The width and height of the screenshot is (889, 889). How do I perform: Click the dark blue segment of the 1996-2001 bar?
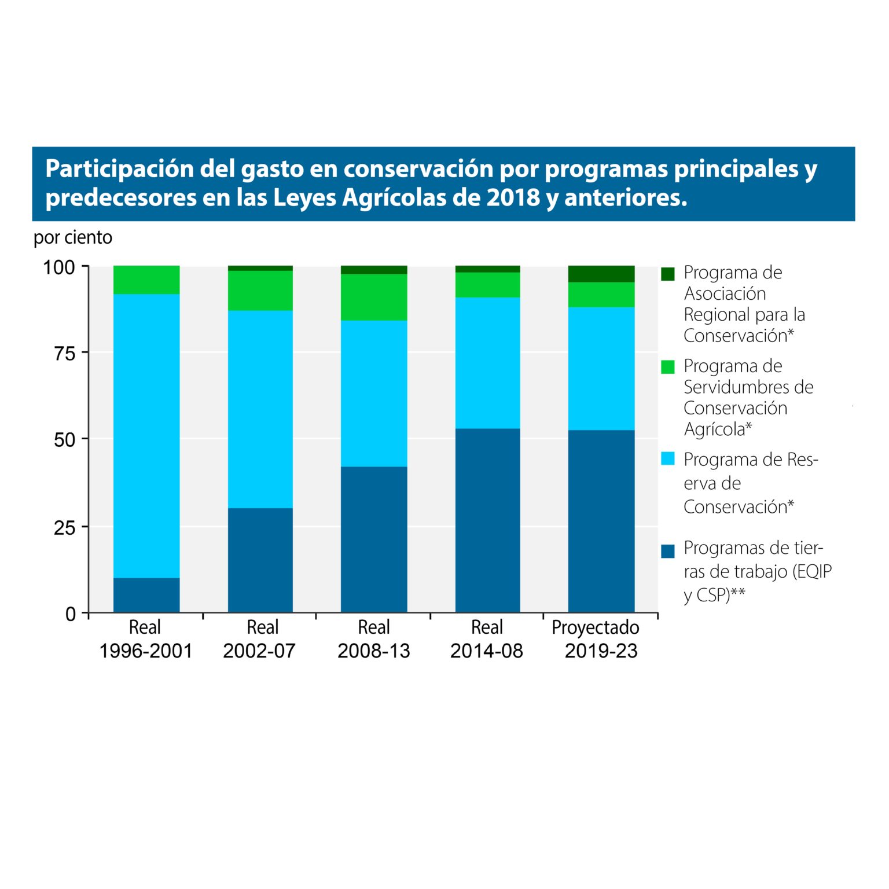pyautogui.click(x=146, y=595)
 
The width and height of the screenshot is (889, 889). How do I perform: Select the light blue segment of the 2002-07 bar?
pyautogui.click(x=260, y=409)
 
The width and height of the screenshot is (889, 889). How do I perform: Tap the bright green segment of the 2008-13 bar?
pyautogui.click(x=374, y=297)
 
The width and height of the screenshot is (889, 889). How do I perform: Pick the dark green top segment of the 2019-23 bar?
pyautogui.click(x=601, y=274)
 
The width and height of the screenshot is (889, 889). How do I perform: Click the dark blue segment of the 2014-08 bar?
pyautogui.click(x=487, y=520)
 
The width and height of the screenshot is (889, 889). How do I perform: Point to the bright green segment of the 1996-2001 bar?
pyautogui.click(x=146, y=280)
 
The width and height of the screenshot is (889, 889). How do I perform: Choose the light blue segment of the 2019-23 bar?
pyautogui.click(x=601, y=369)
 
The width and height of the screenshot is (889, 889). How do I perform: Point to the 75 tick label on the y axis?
pyautogui.click(x=64, y=354)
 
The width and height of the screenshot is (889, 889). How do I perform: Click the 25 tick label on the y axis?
pyautogui.click(x=64, y=528)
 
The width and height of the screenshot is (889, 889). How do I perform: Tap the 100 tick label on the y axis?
pyautogui.click(x=59, y=267)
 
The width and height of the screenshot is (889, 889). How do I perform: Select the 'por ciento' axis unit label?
pyautogui.click(x=73, y=237)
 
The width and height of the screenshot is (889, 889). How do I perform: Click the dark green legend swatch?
pyautogui.click(x=668, y=274)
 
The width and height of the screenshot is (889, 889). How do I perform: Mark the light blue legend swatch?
pyautogui.click(x=668, y=459)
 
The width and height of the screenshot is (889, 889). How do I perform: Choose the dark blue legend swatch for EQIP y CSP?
pyautogui.click(x=668, y=551)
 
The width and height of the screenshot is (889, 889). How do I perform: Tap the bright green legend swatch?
pyautogui.click(x=668, y=367)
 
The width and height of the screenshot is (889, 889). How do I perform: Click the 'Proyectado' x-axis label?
pyautogui.click(x=596, y=627)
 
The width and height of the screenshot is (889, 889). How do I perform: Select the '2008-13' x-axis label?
pyautogui.click(x=374, y=651)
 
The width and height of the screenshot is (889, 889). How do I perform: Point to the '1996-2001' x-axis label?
pyautogui.click(x=146, y=651)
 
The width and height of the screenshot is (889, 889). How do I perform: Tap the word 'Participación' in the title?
pyautogui.click(x=119, y=169)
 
